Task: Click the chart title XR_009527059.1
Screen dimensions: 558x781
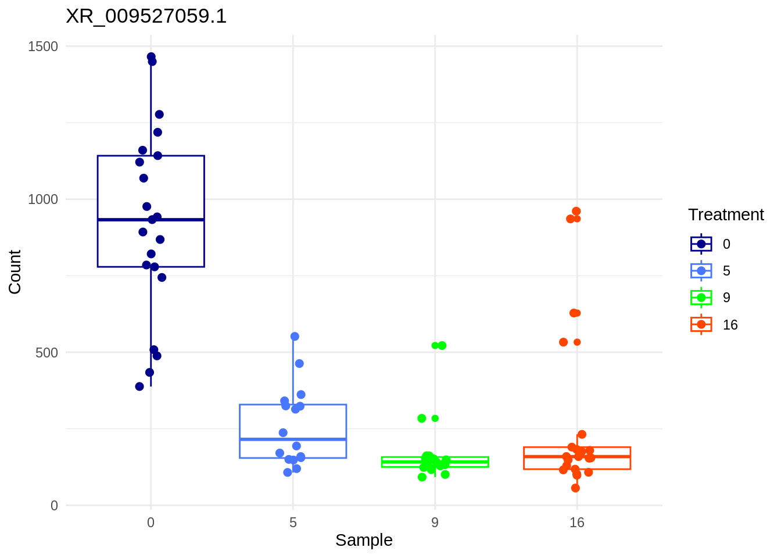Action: tap(146, 16)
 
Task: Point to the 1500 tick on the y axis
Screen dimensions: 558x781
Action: tap(43, 46)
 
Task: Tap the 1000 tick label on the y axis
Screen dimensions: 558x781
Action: tap(43, 199)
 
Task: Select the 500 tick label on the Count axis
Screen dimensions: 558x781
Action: tap(46, 353)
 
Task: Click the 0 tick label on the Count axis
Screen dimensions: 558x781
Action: tap(54, 506)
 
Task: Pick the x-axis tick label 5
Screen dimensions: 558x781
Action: tap(293, 523)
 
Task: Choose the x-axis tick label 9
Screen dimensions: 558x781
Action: tap(435, 523)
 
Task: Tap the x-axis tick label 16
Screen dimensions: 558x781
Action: tap(576, 523)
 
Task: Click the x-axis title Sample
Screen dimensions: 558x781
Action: tap(364, 541)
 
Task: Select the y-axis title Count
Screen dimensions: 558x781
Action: tap(15, 272)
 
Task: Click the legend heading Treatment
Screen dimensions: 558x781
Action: tap(726, 215)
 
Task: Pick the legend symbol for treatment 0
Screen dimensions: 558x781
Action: tap(701, 244)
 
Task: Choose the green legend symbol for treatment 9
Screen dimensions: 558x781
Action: tap(701, 298)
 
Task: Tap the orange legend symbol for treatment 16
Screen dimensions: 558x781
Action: tap(701, 324)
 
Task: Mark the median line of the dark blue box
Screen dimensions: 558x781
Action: tap(151, 220)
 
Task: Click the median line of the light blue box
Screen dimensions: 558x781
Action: tap(293, 439)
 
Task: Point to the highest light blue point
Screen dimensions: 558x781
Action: tap(295, 337)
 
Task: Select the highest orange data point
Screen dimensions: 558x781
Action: tap(576, 212)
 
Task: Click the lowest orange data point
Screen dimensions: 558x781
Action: tap(575, 488)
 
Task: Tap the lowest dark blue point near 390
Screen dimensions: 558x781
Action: tap(139, 387)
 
